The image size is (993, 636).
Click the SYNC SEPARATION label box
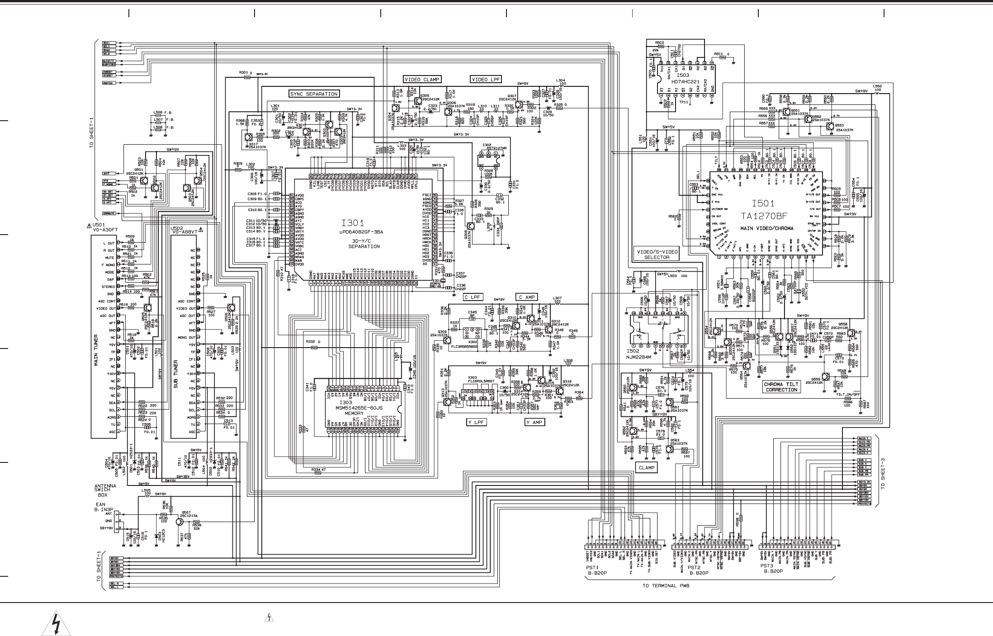tap(314, 94)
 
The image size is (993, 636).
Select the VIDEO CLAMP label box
tap(422, 80)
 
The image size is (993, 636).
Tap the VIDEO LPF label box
tap(486, 80)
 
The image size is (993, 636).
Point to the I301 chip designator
tap(353, 223)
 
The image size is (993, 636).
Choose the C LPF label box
tap(473, 297)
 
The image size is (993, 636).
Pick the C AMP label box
tap(526, 297)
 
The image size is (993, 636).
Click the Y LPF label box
tap(476, 422)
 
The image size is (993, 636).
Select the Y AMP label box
tap(535, 422)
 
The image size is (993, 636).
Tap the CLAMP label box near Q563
tap(646, 468)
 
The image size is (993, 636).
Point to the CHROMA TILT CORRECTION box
tap(781, 387)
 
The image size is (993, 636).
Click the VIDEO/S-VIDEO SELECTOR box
tap(657, 254)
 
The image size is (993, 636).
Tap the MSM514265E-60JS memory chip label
tap(358, 408)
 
